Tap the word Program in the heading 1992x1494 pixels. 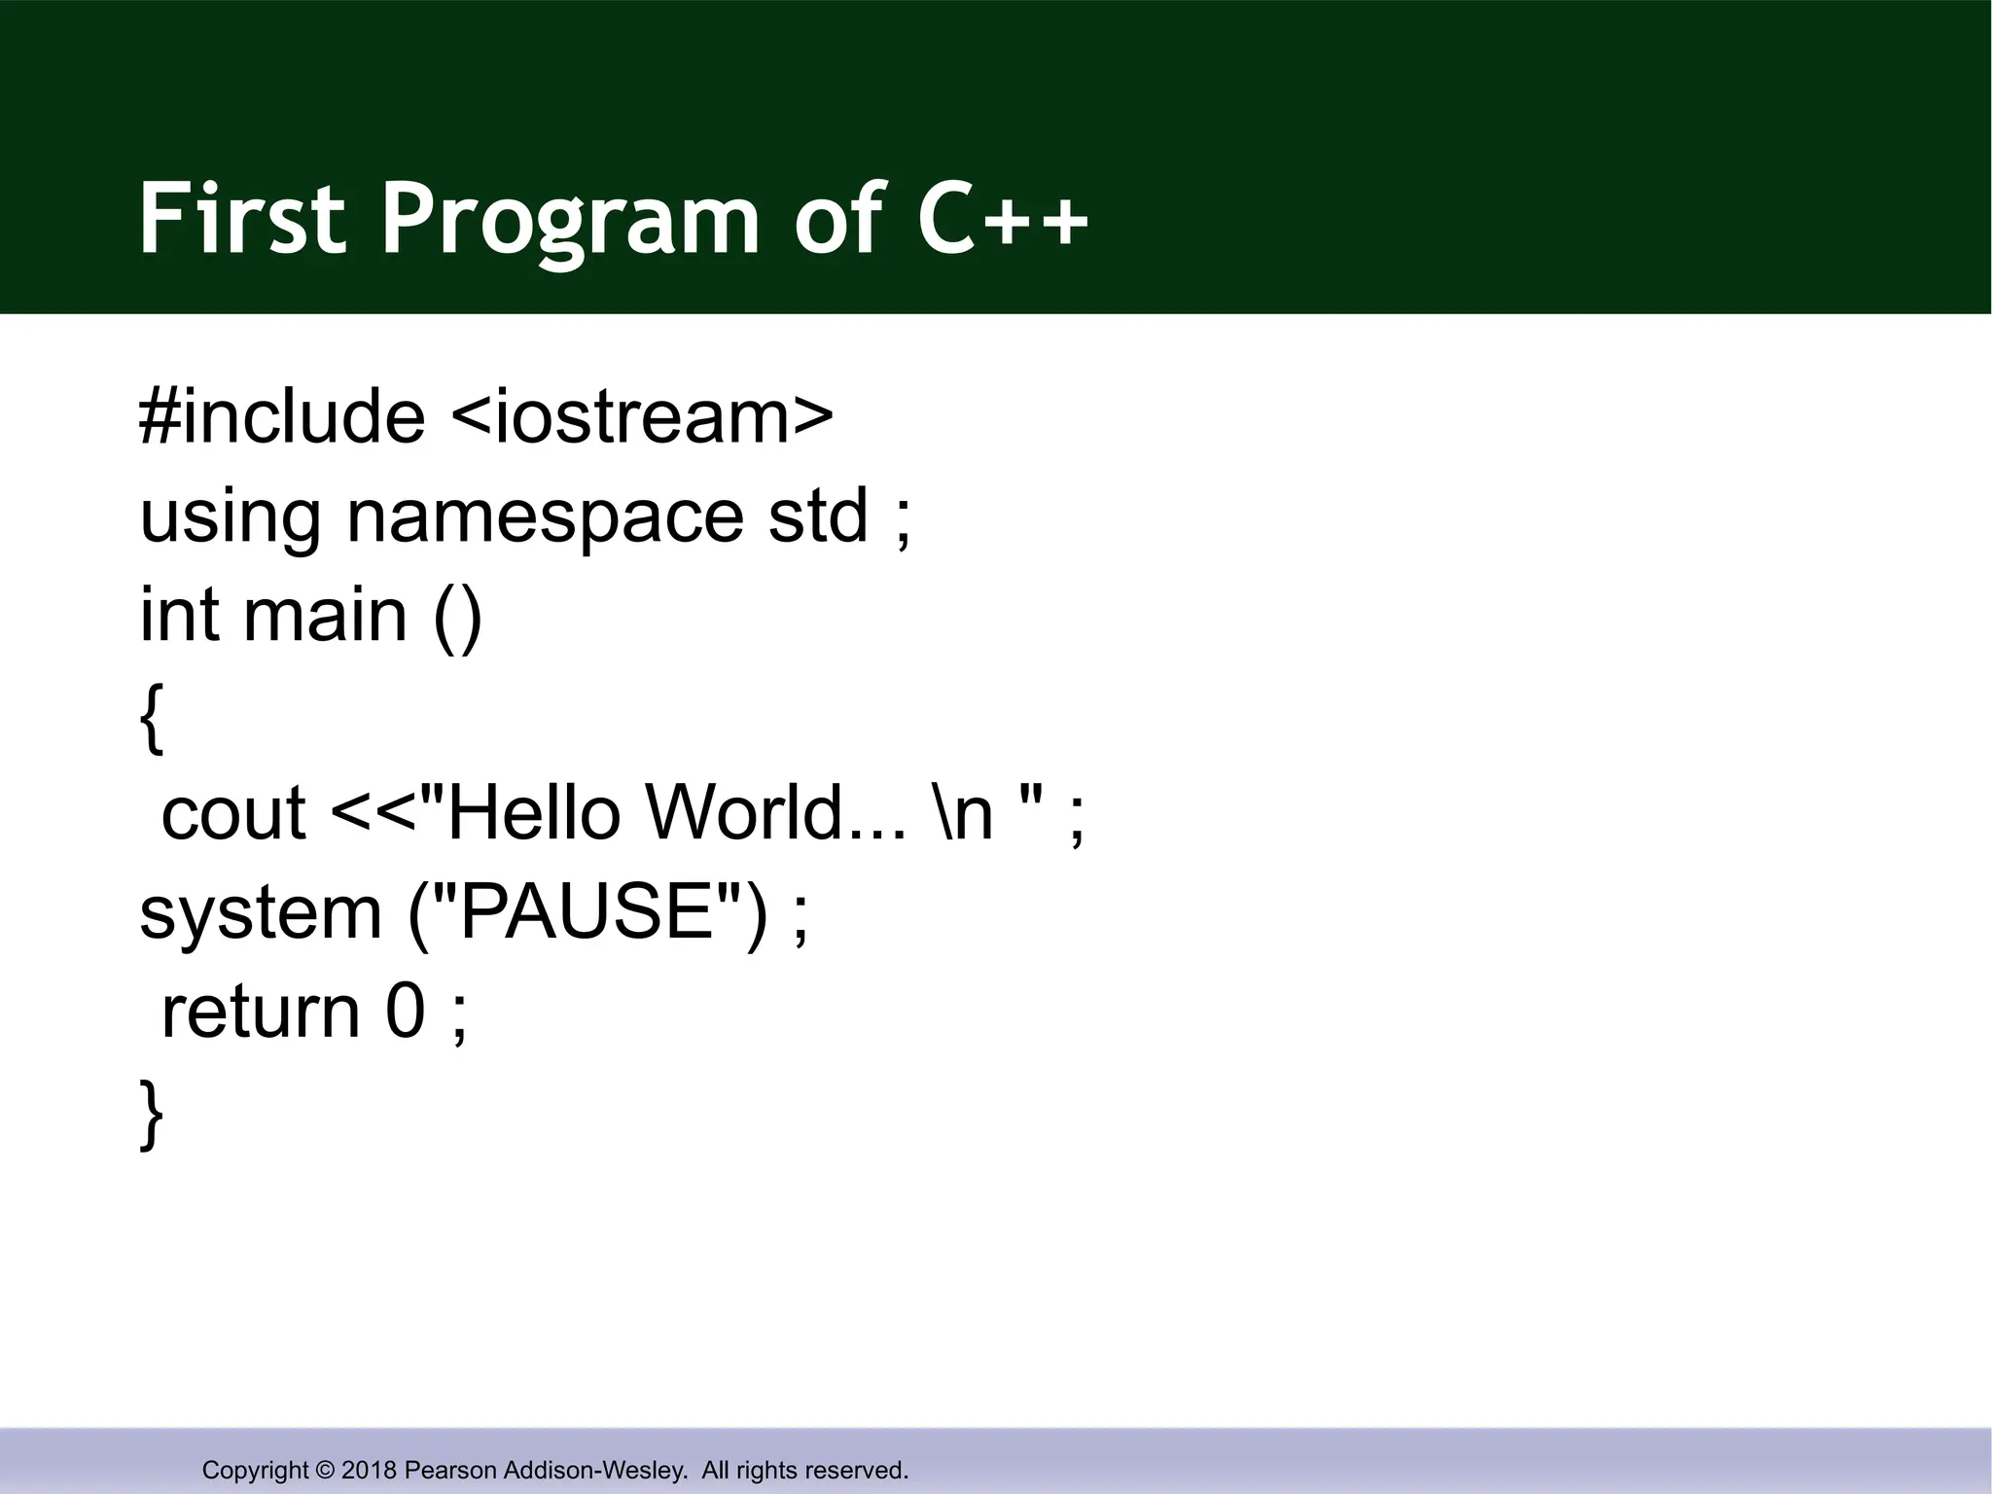569,222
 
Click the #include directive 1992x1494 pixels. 282,416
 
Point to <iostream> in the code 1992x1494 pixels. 642,416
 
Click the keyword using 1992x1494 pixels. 230,517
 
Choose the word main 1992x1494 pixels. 325,615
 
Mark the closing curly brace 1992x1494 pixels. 152,1115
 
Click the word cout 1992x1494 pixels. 233,813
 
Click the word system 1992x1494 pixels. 261,914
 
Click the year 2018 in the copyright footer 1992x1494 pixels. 369,1470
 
